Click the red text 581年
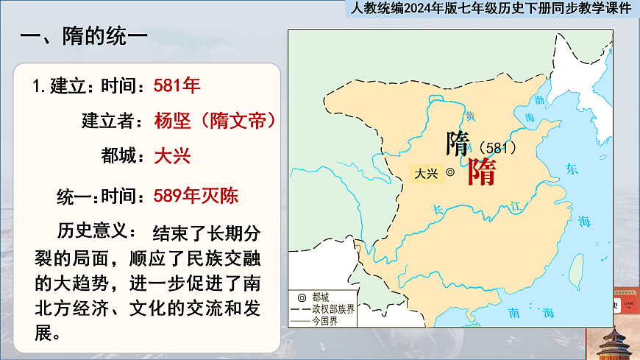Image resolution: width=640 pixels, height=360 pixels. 177,85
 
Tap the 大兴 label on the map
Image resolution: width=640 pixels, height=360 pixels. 426,174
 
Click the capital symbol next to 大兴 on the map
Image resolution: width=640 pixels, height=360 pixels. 450,174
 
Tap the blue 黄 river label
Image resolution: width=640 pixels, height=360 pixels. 470,116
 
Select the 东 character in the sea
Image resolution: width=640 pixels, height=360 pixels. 572,170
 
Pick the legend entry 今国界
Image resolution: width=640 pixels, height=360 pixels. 323,320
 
